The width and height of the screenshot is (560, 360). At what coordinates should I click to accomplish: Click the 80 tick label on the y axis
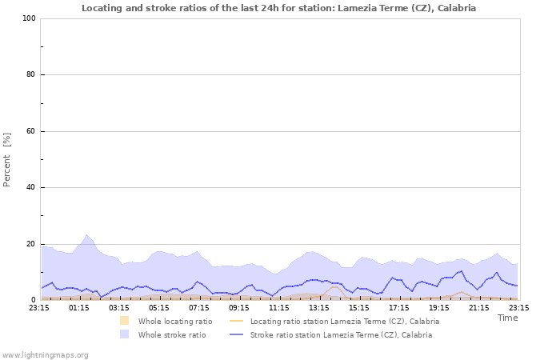(x=30, y=75)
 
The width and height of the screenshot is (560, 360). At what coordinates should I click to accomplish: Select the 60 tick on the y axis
(x=30, y=131)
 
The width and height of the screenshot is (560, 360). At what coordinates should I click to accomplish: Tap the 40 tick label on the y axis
(x=30, y=188)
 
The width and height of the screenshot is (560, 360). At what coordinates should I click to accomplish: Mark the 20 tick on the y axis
(x=30, y=244)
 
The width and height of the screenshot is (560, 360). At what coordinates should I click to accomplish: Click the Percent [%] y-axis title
(x=7, y=159)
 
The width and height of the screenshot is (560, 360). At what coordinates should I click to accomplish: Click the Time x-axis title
(x=507, y=318)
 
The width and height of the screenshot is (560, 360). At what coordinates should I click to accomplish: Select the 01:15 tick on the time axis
(x=79, y=307)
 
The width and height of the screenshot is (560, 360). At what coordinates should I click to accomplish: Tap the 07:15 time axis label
(x=199, y=307)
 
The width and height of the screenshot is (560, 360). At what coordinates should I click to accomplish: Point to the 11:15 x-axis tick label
(x=279, y=307)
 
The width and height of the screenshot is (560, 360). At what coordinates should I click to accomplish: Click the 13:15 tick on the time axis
(x=319, y=307)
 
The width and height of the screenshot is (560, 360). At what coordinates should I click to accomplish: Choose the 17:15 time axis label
(x=399, y=307)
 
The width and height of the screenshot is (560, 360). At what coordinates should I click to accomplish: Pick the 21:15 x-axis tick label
(x=479, y=307)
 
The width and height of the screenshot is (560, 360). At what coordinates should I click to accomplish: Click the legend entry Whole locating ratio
(x=175, y=321)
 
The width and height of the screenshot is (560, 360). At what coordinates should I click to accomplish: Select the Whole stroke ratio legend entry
(x=171, y=334)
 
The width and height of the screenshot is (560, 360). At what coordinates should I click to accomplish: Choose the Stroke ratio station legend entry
(x=341, y=334)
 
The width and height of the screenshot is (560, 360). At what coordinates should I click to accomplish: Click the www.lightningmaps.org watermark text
(x=46, y=354)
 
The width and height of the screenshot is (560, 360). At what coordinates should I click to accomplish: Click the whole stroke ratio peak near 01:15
(x=87, y=235)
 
